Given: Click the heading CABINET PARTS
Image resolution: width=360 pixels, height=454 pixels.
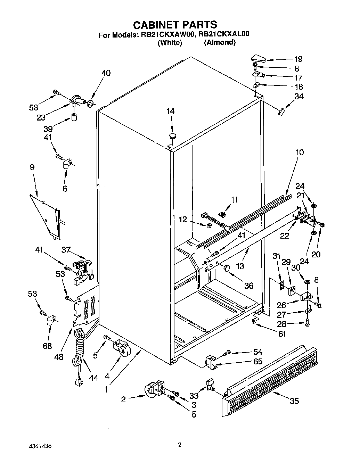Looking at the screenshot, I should [175, 25].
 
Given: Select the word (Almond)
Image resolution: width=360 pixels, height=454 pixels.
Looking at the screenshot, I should [220, 42].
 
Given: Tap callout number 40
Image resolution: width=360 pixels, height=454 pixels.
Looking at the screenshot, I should [106, 73].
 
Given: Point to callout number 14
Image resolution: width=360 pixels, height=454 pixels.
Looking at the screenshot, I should [170, 111].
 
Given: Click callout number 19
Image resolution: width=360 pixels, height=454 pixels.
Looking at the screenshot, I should [298, 59].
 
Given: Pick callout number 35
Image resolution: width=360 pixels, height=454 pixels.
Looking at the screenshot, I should [294, 401].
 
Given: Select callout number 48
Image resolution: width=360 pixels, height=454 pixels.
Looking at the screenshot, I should [59, 356].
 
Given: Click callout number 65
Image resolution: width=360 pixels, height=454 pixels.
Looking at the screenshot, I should [257, 361].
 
